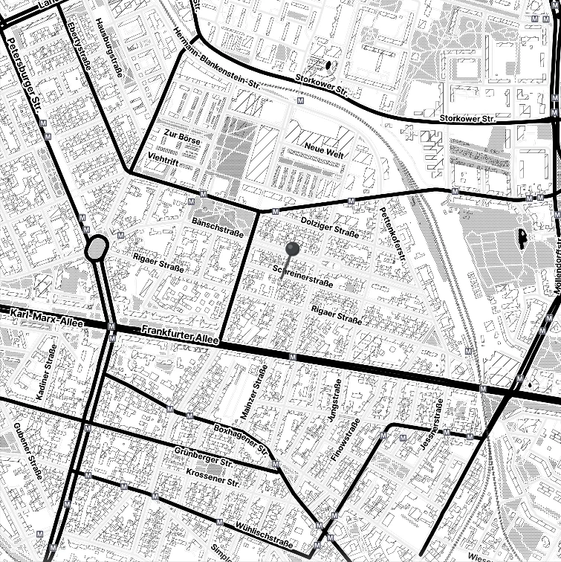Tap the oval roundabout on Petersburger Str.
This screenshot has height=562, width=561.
(x=97, y=249)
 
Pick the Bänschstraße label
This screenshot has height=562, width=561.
(x=218, y=227)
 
